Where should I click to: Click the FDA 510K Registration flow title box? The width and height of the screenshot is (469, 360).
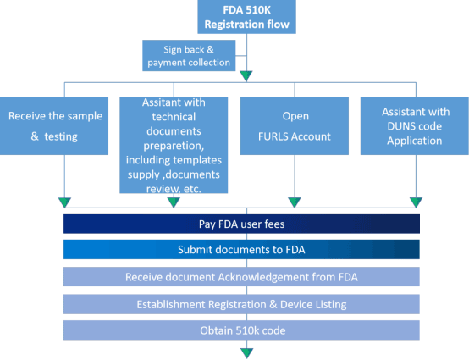246,17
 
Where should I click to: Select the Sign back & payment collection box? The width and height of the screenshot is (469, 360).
189,56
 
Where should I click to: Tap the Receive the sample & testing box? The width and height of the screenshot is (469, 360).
54,126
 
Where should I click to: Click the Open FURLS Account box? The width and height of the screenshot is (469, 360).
295,126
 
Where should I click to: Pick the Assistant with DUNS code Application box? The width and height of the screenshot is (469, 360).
415,126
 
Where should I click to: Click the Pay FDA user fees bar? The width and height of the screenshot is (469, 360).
241,224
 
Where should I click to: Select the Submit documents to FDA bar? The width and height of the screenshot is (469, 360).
241,249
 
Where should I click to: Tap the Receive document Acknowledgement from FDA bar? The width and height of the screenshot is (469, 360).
241,277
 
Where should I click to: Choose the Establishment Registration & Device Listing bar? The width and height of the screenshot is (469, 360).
241,304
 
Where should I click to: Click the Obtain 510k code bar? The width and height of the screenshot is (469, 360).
241,330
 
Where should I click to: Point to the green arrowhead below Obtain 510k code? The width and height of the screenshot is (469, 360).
246,353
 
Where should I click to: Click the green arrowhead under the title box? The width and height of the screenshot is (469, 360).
246,75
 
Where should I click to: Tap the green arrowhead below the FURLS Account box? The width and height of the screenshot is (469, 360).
295,202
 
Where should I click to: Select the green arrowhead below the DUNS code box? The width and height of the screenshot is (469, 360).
416,202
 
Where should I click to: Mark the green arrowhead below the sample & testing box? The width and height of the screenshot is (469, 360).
64,202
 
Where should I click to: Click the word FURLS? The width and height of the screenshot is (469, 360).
272,136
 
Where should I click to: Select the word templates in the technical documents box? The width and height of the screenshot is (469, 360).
196,160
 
